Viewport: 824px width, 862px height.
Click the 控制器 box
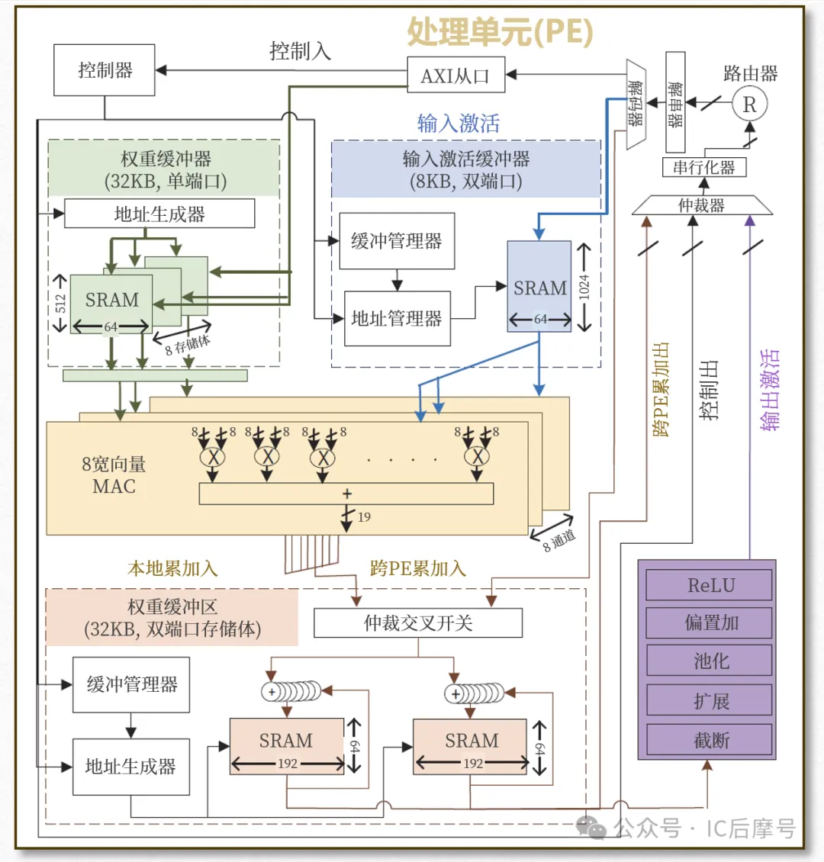pyautogui.click(x=105, y=70)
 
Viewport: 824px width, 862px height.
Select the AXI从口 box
pyautogui.click(x=455, y=76)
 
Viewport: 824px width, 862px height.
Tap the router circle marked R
pyautogui.click(x=749, y=105)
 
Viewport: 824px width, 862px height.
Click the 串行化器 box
pyautogui.click(x=703, y=167)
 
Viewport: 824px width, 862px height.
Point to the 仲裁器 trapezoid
pyautogui.click(x=702, y=205)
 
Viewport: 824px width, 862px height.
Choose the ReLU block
pyautogui.click(x=710, y=586)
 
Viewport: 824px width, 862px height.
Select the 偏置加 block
pyautogui.click(x=710, y=623)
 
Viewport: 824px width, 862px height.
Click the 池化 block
pyautogui.click(x=710, y=661)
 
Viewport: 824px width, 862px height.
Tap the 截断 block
pyautogui.click(x=710, y=739)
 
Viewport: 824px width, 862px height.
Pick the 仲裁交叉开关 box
pyautogui.click(x=418, y=623)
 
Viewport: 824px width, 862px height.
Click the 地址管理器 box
pyautogui.click(x=397, y=319)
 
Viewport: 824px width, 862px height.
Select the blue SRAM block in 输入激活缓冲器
pyautogui.click(x=539, y=288)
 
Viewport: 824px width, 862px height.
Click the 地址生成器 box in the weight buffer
pyautogui.click(x=159, y=214)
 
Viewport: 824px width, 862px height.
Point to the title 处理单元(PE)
pyautogui.click(x=500, y=32)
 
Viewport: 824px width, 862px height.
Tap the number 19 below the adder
pyautogui.click(x=364, y=517)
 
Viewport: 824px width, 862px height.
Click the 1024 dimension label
pyautogui.click(x=584, y=287)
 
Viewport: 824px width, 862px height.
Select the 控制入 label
pyautogui.click(x=300, y=51)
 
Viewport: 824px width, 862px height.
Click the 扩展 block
pyautogui.click(x=710, y=700)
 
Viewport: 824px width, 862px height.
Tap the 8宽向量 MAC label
pyautogui.click(x=114, y=475)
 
